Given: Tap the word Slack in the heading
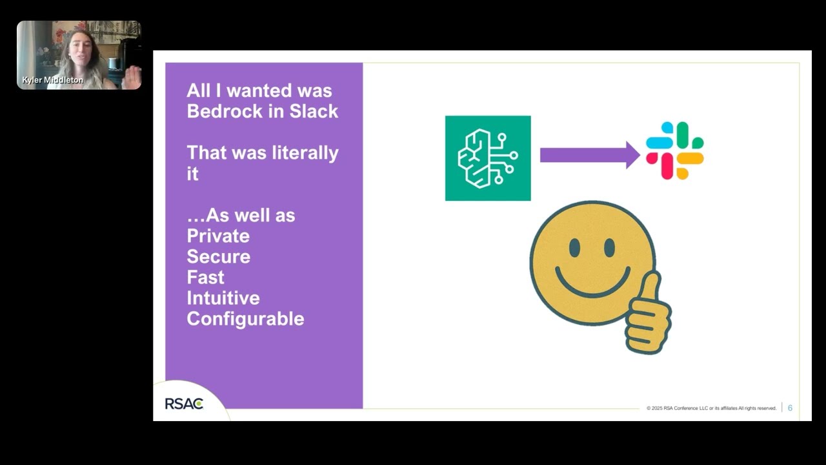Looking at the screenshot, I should pyautogui.click(x=314, y=111).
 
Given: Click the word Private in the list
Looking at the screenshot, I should pyautogui.click(x=218, y=236).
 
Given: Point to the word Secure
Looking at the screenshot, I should pyautogui.click(x=218, y=256).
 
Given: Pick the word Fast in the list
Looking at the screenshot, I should pyautogui.click(x=205, y=277).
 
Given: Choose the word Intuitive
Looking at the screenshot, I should pyautogui.click(x=223, y=298).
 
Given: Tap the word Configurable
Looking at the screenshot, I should pyautogui.click(x=245, y=318).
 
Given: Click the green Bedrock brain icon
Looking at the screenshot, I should pyautogui.click(x=488, y=158).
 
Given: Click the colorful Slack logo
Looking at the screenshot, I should pyautogui.click(x=675, y=150).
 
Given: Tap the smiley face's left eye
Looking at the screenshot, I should pyautogui.click(x=574, y=248).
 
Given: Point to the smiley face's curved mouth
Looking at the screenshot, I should pyautogui.click(x=592, y=284).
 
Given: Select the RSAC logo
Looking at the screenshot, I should pyautogui.click(x=184, y=404).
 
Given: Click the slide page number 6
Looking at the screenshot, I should pyautogui.click(x=790, y=408).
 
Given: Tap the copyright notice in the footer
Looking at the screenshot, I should pyautogui.click(x=711, y=408).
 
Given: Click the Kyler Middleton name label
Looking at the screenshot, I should pyautogui.click(x=52, y=80).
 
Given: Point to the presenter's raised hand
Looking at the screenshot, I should pyautogui.click(x=132, y=77).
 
